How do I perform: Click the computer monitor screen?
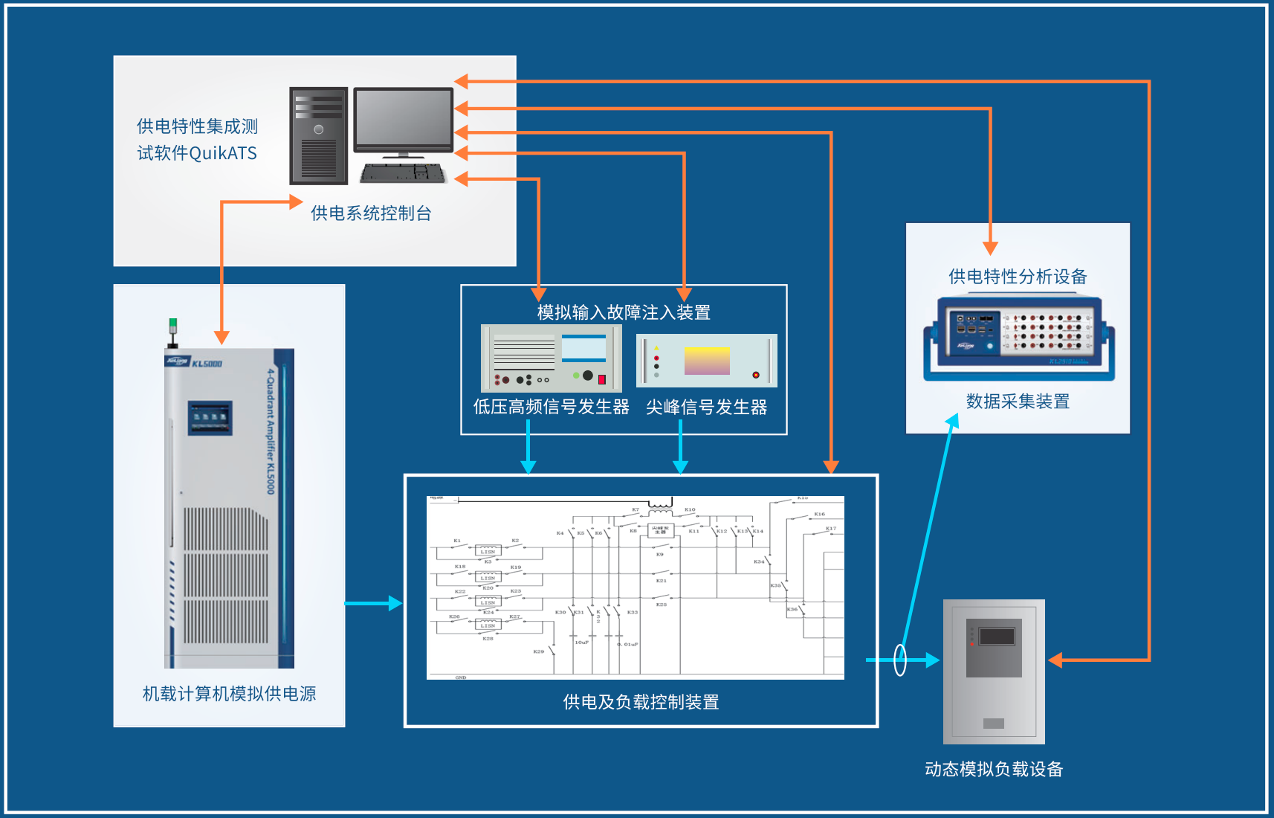(x=403, y=118)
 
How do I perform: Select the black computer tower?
(x=318, y=135)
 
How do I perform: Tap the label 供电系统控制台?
(x=371, y=213)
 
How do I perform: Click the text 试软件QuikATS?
(x=197, y=153)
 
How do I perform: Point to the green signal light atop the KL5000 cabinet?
(x=173, y=325)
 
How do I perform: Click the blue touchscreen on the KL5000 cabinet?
(x=210, y=417)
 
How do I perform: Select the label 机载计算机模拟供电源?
(x=229, y=694)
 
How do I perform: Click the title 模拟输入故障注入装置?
(x=624, y=312)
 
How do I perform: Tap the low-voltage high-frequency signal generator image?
(x=551, y=358)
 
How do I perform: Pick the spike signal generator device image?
(x=706, y=361)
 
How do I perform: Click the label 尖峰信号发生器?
(x=706, y=408)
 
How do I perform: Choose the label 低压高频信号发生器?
(x=551, y=408)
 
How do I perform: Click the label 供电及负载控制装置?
(x=641, y=702)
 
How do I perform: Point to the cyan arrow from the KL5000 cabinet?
(x=373, y=603)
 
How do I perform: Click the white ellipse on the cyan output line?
(x=900, y=660)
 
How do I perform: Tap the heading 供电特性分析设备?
(x=1018, y=277)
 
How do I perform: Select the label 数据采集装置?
(x=1018, y=402)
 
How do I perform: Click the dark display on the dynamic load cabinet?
(x=997, y=637)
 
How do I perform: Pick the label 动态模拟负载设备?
(x=994, y=769)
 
